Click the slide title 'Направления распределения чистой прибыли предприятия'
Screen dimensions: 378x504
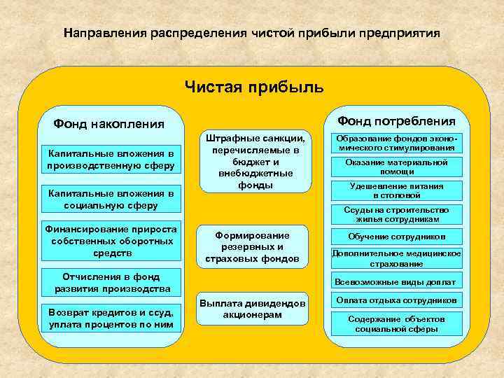252,34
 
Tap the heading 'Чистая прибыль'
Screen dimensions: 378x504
254,87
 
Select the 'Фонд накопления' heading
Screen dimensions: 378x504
108,125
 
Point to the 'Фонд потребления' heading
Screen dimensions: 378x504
396,120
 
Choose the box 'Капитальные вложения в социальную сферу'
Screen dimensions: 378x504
111,199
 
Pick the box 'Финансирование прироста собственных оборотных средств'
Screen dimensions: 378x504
111,241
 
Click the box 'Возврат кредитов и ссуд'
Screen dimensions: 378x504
111,319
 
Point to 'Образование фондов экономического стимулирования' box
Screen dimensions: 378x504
396,143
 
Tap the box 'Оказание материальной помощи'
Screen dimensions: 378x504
396,167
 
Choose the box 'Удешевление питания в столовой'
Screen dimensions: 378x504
396,190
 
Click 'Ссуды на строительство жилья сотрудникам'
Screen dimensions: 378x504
396,214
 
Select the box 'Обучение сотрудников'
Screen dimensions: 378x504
396,237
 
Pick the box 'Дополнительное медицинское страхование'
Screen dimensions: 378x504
396,258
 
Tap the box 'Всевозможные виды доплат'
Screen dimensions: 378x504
396,282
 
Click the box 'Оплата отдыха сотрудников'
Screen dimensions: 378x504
396,301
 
